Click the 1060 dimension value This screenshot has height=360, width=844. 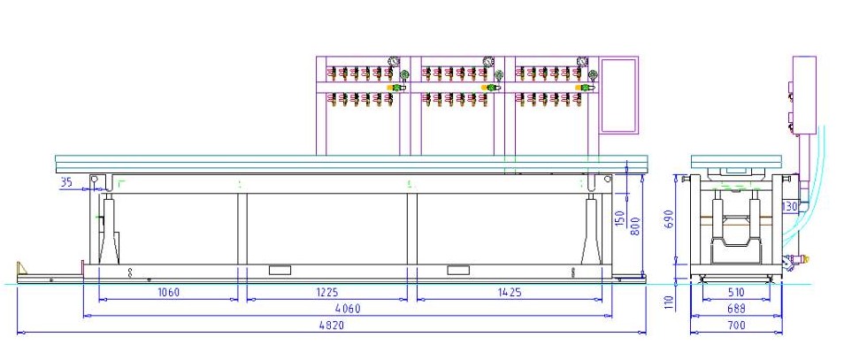pos(168,292)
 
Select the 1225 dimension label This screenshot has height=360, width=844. pos(326,292)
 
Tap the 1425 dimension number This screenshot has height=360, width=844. pos(510,292)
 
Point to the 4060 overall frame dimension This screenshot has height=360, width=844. pos(348,309)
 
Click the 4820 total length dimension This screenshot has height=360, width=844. pos(332,325)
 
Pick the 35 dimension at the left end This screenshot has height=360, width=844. pos(65,182)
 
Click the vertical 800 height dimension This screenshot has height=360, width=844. pos(635,227)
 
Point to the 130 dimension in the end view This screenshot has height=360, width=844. pos(790,206)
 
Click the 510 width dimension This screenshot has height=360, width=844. pos(736,292)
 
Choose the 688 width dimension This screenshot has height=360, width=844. pos(736,309)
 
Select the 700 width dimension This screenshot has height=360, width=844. pos(736,325)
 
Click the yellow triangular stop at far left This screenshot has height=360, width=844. pos(21,267)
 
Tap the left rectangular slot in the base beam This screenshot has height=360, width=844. pos(280,270)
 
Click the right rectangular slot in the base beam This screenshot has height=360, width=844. pos(458,270)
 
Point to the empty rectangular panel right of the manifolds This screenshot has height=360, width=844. pos(618,95)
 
